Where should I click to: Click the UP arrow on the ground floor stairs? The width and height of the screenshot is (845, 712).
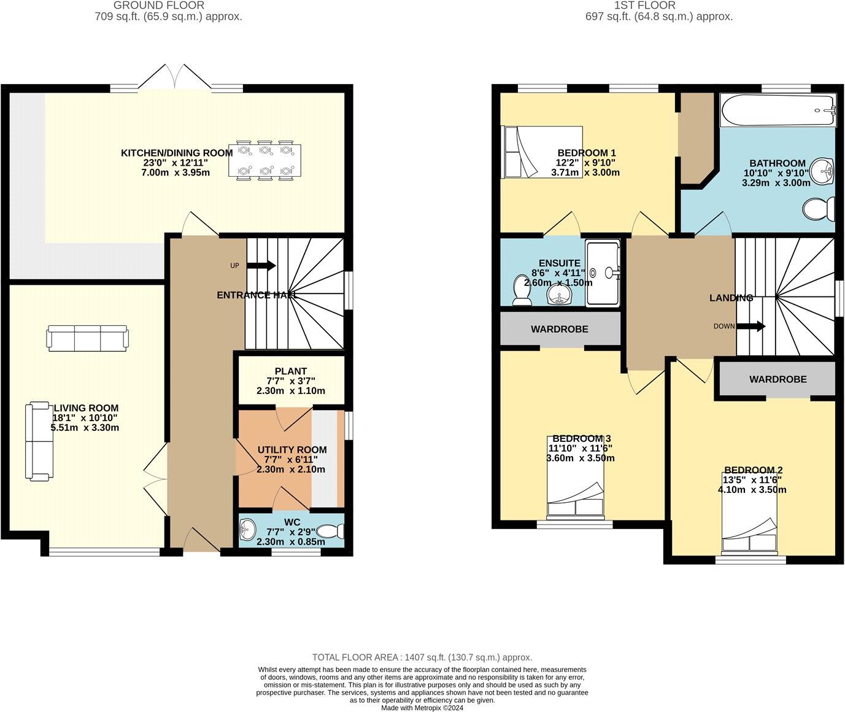click(x=262, y=266)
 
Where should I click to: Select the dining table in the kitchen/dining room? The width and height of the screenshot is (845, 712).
click(x=264, y=160)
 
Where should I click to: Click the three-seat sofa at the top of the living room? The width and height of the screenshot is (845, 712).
click(x=88, y=338)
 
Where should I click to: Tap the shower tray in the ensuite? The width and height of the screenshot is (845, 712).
click(x=603, y=273)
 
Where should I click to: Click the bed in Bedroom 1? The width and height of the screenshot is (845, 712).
click(x=541, y=152)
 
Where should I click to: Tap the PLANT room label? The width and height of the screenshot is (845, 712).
click(x=291, y=371)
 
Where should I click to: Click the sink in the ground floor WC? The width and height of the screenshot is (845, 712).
click(x=249, y=528)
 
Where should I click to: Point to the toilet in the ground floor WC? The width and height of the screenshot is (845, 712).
click(x=333, y=530)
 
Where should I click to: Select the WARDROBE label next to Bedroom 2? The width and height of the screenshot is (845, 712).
click(x=777, y=379)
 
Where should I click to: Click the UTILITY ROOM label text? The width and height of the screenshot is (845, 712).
click(x=291, y=450)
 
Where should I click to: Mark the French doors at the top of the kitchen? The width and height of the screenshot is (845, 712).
click(x=176, y=77)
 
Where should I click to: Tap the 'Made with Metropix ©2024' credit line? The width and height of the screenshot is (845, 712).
click(x=422, y=707)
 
